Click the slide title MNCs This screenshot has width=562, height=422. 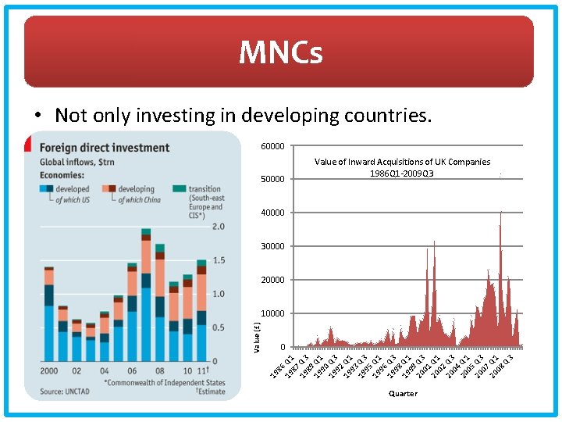point(280,53)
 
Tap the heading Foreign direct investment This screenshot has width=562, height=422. point(105,148)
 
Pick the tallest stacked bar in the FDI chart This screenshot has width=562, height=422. point(146,297)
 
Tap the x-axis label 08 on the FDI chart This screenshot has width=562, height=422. point(160,370)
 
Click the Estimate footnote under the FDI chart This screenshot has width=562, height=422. point(210,392)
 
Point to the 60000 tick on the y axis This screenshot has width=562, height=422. point(272,146)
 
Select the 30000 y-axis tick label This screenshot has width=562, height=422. point(272,246)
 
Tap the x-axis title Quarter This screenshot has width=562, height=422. point(403,394)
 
